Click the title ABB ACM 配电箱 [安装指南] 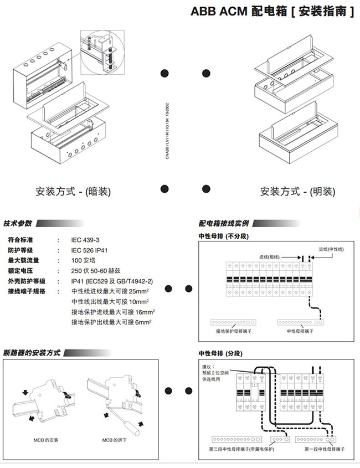tap(272, 11)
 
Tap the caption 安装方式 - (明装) tap(297, 192)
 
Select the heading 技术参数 tap(18, 223)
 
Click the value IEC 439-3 tap(85, 240)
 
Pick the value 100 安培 tap(84, 260)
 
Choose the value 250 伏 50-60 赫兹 tap(101, 271)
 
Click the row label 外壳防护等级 tap(27, 281)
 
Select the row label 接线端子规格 tap(27, 291)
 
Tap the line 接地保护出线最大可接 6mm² tap(111, 322)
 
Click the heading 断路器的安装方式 tap(32, 353)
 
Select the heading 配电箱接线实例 tap(224, 223)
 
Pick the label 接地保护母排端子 tap(235, 331)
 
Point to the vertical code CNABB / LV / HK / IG tap(167, 131)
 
